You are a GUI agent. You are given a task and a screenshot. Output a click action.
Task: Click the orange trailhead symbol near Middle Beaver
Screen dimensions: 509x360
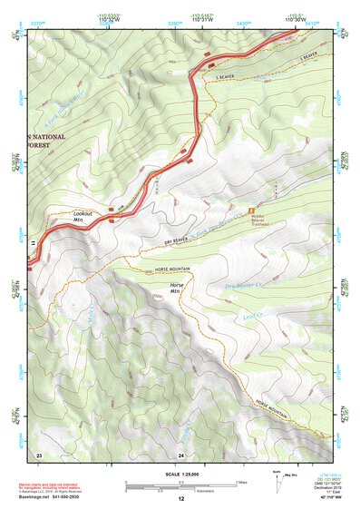pyautogui.click(x=252, y=210)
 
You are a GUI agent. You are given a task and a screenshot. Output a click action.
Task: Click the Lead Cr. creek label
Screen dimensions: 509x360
pyautogui.click(x=252, y=317)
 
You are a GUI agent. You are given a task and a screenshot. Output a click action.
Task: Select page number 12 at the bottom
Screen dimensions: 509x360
pyautogui.click(x=180, y=499)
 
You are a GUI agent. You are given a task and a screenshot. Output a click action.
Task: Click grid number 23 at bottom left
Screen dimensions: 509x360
pyautogui.click(x=39, y=454)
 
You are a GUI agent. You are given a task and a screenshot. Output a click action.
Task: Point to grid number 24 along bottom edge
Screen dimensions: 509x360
pyautogui.click(x=180, y=454)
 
